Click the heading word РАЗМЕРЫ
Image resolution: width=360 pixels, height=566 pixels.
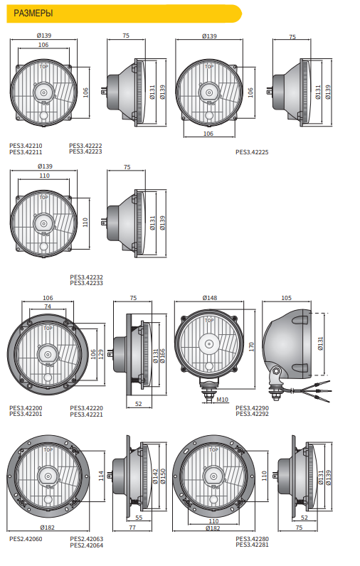click(x=33, y=14)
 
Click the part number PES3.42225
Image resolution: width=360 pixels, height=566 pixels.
click(x=252, y=152)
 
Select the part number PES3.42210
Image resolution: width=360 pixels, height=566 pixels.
click(x=26, y=146)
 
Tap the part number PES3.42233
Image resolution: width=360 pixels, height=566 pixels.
click(x=86, y=284)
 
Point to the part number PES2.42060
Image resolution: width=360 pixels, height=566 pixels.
click(x=26, y=539)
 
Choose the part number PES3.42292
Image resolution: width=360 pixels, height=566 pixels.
click(x=252, y=414)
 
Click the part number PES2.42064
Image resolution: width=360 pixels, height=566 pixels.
click(x=86, y=545)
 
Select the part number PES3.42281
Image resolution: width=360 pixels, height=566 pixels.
click(x=252, y=545)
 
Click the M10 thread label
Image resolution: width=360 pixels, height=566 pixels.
click(x=223, y=400)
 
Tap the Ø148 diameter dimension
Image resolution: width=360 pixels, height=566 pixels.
click(x=210, y=298)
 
